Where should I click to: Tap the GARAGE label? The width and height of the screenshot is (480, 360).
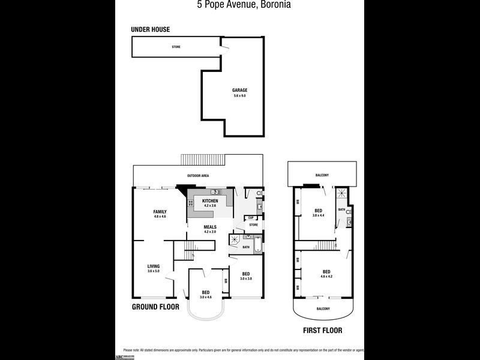pyautogui.click(x=240, y=91)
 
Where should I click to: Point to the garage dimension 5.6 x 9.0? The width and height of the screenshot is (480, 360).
pyautogui.click(x=240, y=95)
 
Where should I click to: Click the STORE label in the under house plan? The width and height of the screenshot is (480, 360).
pyautogui.click(x=176, y=47)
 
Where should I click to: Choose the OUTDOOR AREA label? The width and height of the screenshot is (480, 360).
pyautogui.click(x=197, y=176)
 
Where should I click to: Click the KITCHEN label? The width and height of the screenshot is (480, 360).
pyautogui.click(x=210, y=200)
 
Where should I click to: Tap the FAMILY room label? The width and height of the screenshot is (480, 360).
pyautogui.click(x=160, y=211)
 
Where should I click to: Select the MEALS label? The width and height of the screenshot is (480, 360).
pyautogui.click(x=209, y=227)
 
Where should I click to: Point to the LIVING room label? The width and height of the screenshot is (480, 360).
pyautogui.click(x=154, y=266)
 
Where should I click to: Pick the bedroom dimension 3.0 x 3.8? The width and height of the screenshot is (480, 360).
pyautogui.click(x=246, y=278)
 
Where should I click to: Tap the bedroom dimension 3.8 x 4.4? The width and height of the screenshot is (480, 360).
pyautogui.click(x=319, y=215)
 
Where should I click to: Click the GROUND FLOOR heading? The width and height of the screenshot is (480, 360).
pyautogui.click(x=156, y=307)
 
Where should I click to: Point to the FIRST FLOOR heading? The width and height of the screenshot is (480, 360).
pyautogui.click(x=323, y=331)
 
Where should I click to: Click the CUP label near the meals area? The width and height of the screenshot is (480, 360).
pyautogui.click(x=242, y=218)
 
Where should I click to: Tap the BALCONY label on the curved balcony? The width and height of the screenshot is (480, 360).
pyautogui.click(x=322, y=310)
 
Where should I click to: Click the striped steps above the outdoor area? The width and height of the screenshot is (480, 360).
pyautogui.click(x=203, y=159)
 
